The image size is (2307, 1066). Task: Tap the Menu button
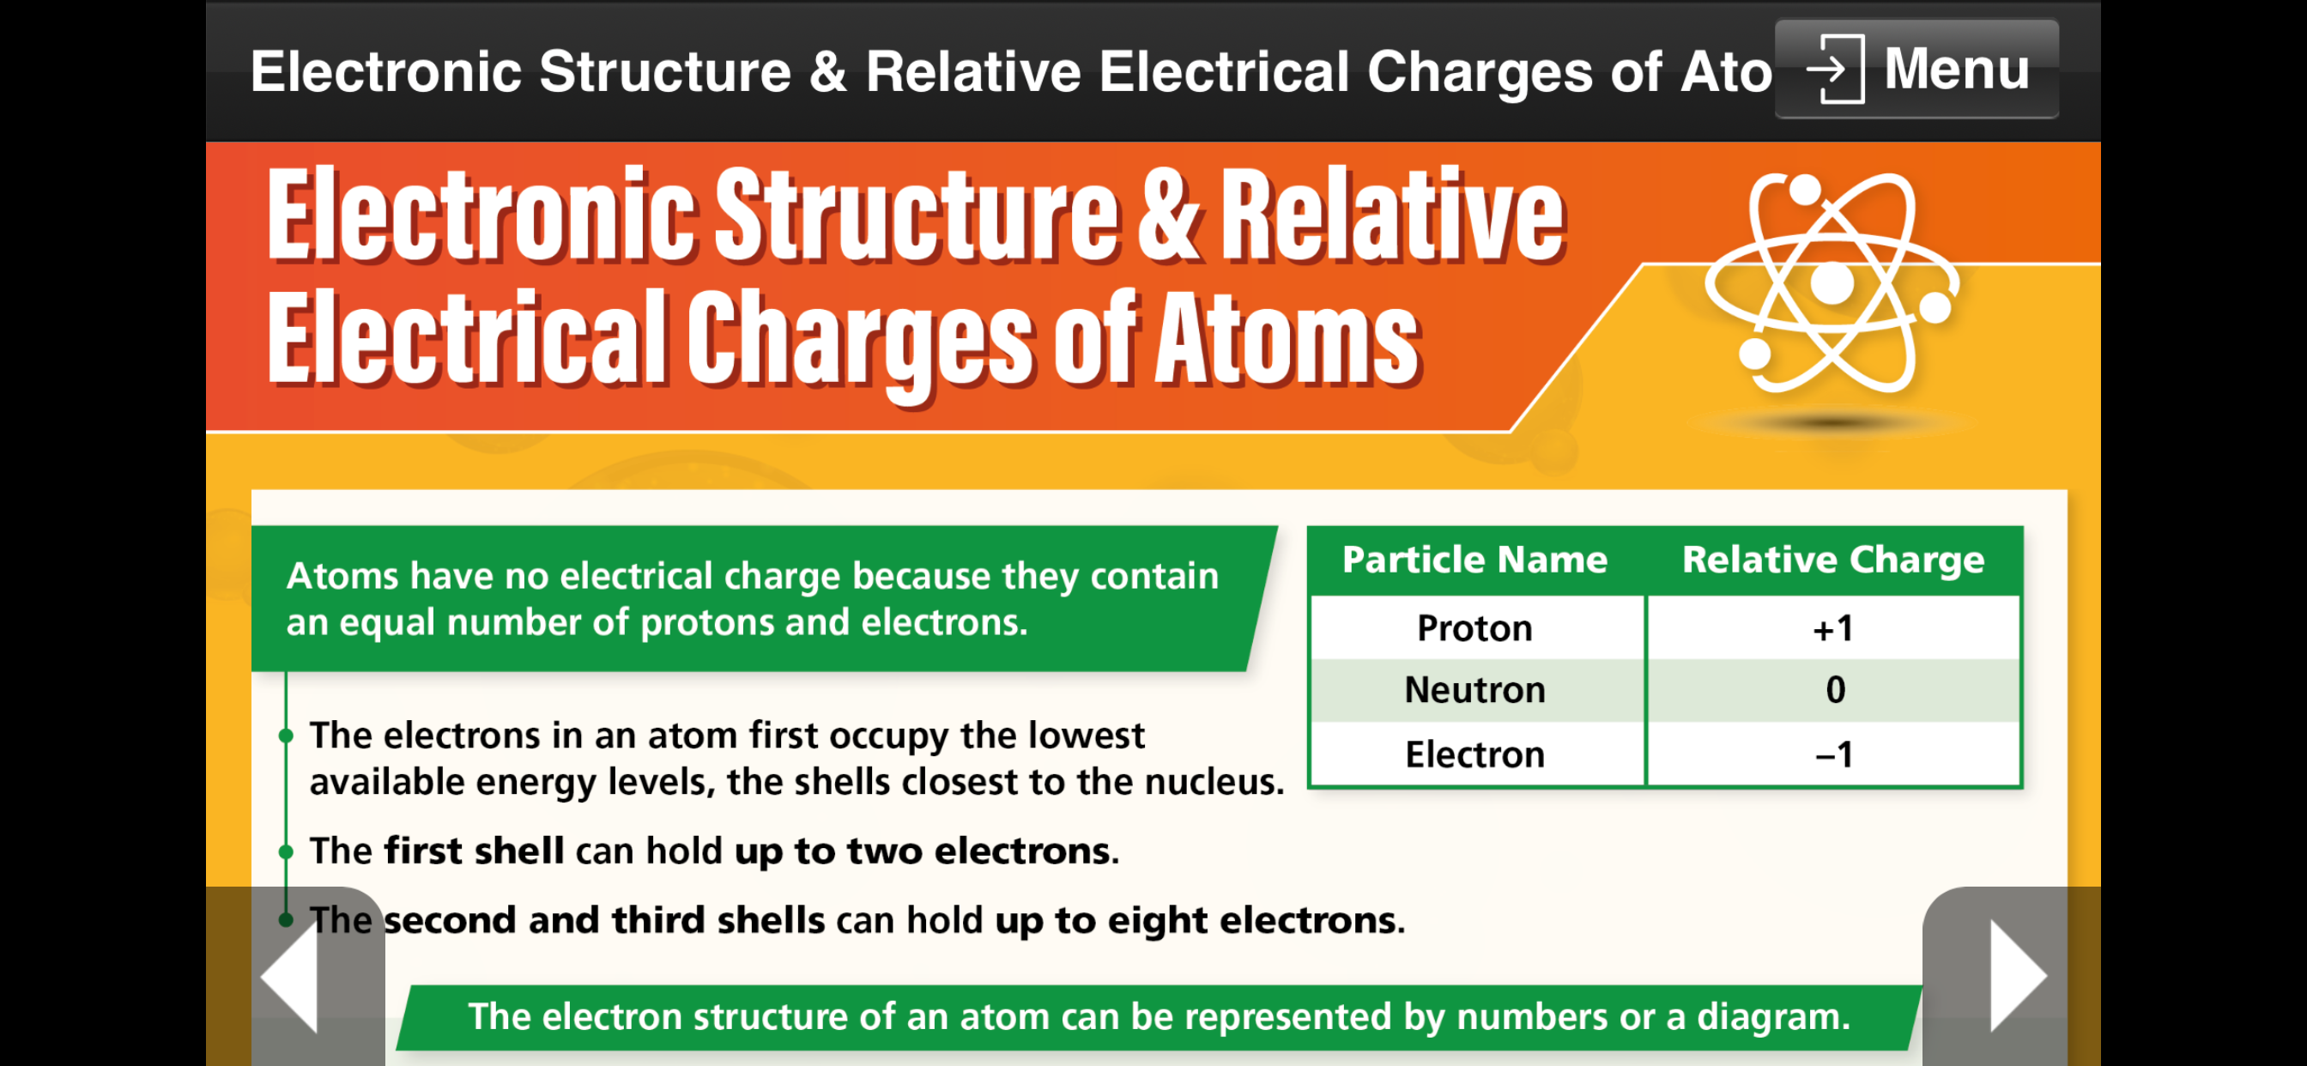point(1916,69)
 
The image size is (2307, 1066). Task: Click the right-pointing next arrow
point(2019,976)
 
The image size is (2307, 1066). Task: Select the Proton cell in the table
point(1475,628)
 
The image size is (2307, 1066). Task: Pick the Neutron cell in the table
point(1475,690)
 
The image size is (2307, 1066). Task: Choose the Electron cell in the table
point(1475,754)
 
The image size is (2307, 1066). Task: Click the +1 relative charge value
point(1833,628)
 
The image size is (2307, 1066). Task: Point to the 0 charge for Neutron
point(1835,690)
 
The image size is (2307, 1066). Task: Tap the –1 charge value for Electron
point(1833,754)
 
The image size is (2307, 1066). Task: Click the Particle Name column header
point(1475,560)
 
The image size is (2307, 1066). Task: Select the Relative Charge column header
point(1833,560)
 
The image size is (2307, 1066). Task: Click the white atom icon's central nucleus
point(1832,283)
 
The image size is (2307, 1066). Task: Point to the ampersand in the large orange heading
point(1168,215)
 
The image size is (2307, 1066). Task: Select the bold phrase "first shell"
point(474,850)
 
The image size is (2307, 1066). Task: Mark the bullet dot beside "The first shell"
point(286,851)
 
